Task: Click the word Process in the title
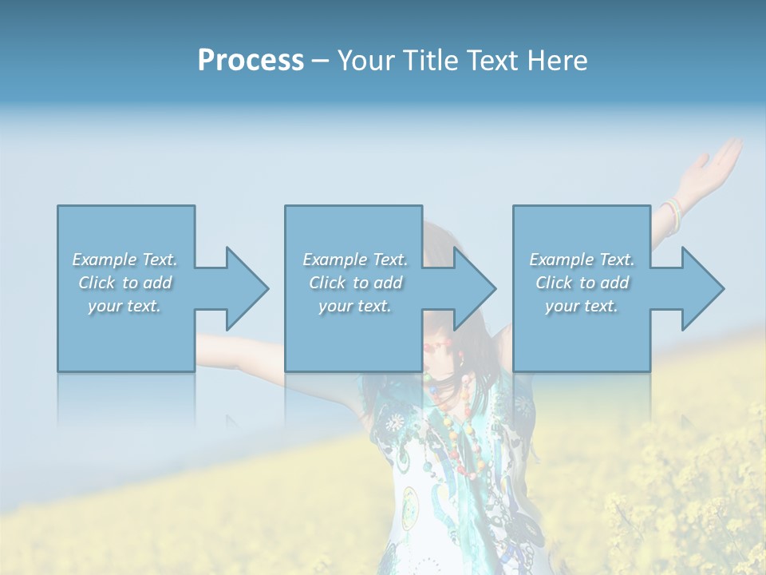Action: click(251, 61)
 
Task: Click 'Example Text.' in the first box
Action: click(125, 260)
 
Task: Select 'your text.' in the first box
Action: click(125, 306)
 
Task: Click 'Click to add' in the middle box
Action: click(355, 283)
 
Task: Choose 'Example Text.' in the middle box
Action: click(355, 260)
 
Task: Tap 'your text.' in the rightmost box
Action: click(582, 306)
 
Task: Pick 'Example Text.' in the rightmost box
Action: click(582, 260)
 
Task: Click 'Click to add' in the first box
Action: click(125, 283)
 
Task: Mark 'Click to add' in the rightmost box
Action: click(582, 283)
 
